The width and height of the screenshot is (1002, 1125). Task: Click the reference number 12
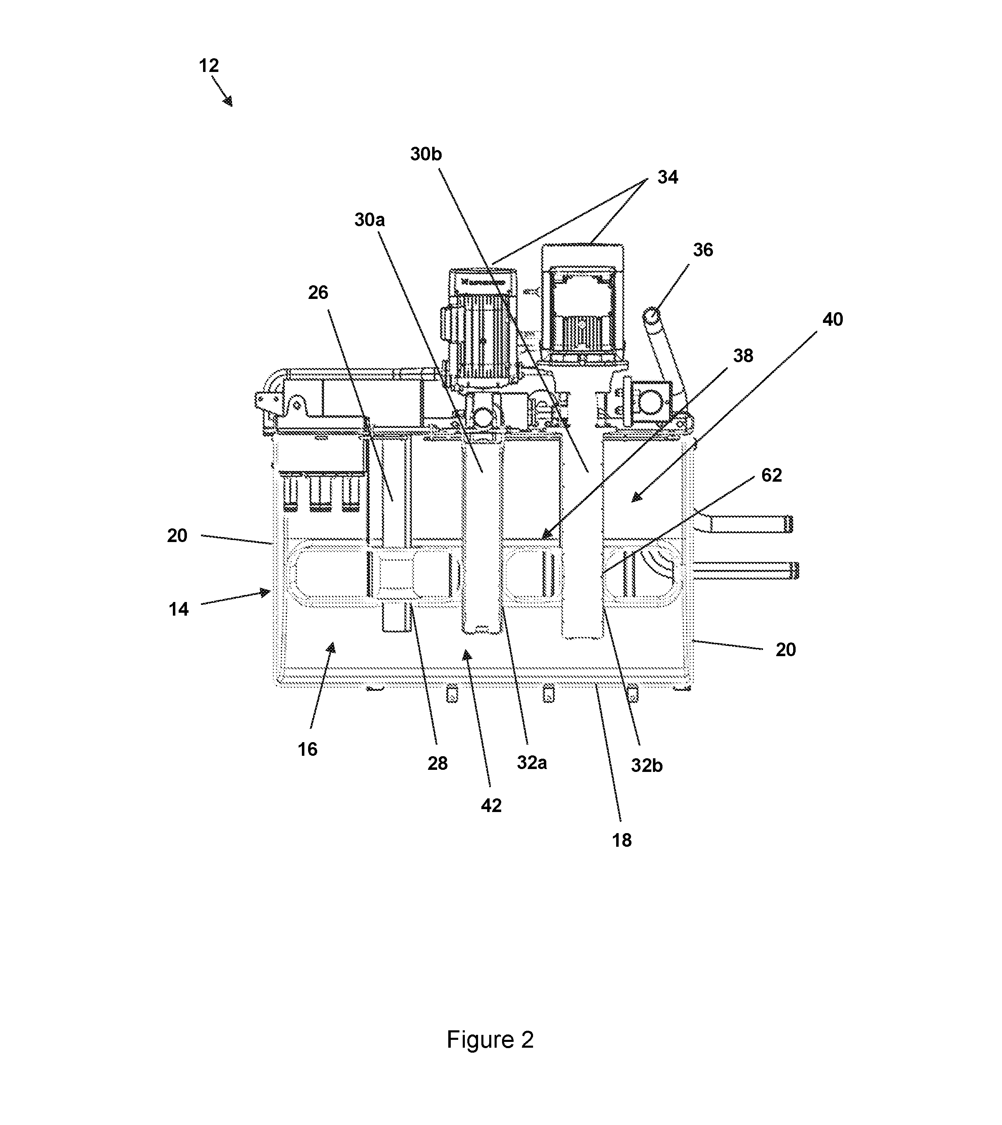click(209, 66)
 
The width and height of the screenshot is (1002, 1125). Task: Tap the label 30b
click(426, 155)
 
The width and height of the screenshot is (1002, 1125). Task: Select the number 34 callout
click(668, 177)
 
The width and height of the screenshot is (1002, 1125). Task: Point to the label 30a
click(369, 220)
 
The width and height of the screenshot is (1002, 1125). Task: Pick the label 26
click(318, 293)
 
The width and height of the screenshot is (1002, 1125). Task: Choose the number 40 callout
click(832, 320)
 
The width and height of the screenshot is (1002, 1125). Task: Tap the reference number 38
click(743, 356)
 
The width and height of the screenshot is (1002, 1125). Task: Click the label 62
click(771, 475)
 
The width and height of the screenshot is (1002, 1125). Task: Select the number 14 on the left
click(178, 609)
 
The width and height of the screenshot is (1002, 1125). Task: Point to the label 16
click(308, 749)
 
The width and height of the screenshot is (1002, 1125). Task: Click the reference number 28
click(438, 763)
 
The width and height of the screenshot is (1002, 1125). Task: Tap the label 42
click(491, 806)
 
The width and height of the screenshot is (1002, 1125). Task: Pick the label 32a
click(532, 763)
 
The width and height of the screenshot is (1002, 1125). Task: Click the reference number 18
click(622, 841)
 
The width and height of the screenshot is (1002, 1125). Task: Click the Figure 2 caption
click(490, 1040)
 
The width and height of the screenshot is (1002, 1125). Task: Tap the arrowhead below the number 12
click(228, 101)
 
